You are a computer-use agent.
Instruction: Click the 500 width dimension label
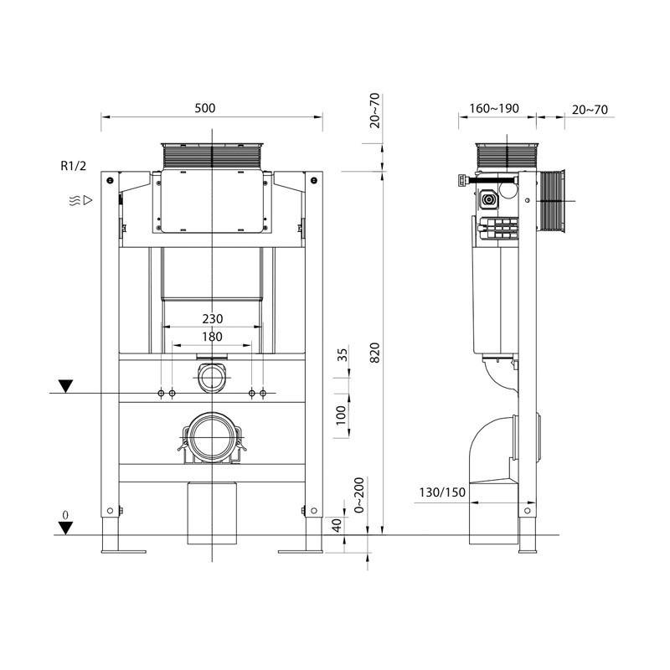point(205,108)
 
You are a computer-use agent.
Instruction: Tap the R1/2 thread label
point(73,166)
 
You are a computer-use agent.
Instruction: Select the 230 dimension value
point(213,318)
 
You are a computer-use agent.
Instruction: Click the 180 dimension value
point(213,336)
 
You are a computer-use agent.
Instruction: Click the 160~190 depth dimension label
point(495,108)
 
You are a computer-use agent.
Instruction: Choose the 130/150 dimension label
point(443,492)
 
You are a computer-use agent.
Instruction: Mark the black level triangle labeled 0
point(65,527)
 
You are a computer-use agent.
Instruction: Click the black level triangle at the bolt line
point(65,386)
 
